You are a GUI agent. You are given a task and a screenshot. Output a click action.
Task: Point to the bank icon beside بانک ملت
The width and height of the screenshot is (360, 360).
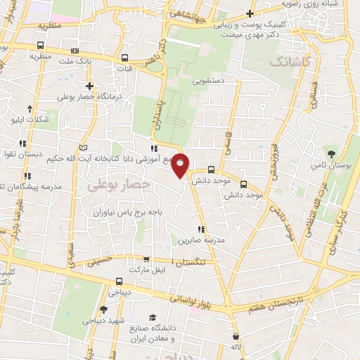(x=75, y=52)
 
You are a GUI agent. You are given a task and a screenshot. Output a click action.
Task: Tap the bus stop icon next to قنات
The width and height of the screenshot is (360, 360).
(x=125, y=59)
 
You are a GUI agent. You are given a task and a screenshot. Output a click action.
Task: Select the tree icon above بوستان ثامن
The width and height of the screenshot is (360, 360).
(x=330, y=152)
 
